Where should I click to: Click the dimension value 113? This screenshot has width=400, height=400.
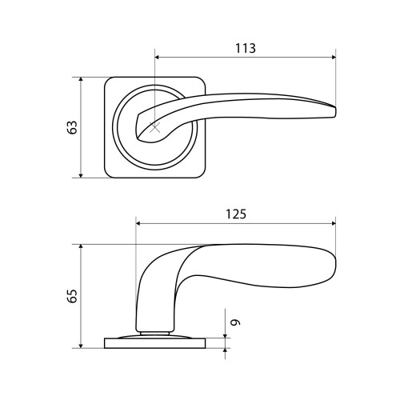tap(246, 48)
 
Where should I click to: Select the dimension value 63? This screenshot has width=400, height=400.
tap(72, 127)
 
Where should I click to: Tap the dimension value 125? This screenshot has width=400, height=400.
tap(236, 214)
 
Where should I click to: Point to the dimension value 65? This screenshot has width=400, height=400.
tap(72, 295)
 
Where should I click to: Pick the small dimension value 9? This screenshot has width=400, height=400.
tap(235, 322)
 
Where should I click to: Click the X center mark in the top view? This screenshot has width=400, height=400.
tap(155, 127)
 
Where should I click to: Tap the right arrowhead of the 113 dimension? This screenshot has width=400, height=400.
tap(334, 57)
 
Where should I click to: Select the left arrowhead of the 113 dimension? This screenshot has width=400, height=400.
tap(158, 57)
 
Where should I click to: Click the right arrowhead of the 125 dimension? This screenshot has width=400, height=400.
tap(334, 223)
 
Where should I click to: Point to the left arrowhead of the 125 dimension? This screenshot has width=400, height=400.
tap(138, 223)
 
